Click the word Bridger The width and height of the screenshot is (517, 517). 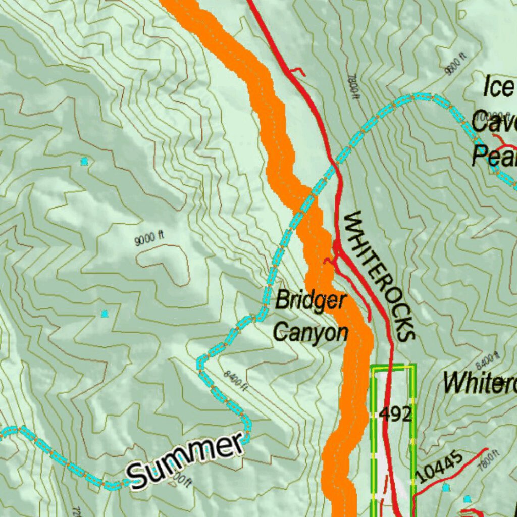(311, 301)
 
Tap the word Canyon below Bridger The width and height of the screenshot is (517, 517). (311, 333)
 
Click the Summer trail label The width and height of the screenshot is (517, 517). (185, 459)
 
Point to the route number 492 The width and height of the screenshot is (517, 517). (395, 415)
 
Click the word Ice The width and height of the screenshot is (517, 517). (498, 87)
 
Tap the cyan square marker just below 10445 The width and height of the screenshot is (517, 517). (445, 487)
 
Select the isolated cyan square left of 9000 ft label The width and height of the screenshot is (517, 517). (84, 162)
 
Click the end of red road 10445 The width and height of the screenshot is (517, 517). (486, 449)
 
